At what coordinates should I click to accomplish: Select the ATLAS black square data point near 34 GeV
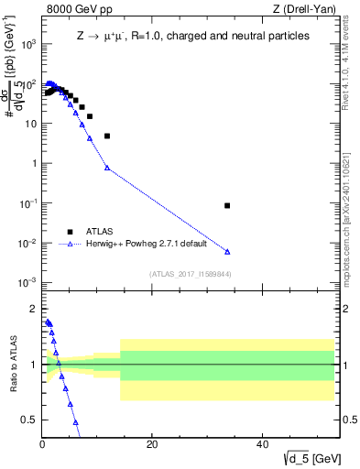click(227, 205)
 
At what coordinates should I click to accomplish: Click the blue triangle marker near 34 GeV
click(227, 251)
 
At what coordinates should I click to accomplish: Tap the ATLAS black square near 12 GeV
click(107, 136)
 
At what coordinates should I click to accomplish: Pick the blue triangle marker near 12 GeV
click(107, 168)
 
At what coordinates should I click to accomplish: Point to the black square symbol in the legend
click(70, 232)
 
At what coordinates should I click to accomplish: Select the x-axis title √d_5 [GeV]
click(306, 458)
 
